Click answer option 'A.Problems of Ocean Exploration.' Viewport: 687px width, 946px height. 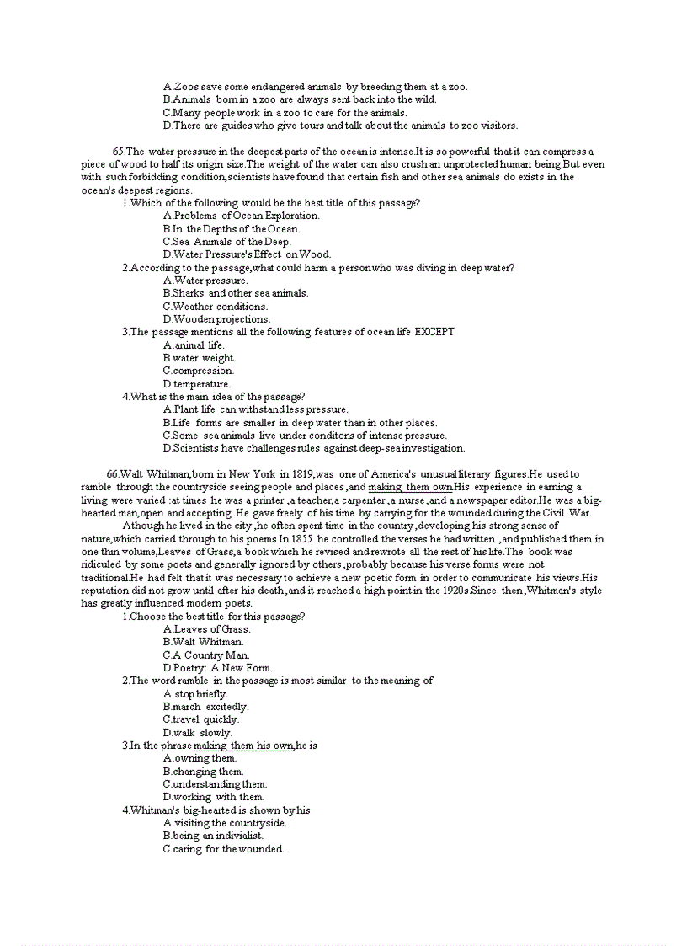241,216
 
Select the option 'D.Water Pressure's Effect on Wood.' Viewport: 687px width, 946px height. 247,254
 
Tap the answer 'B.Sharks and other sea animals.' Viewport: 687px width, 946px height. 236,293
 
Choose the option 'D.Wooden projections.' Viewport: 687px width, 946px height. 216,319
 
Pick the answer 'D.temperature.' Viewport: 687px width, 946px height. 196,384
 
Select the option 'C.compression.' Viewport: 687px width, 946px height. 199,371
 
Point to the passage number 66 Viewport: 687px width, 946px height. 112,474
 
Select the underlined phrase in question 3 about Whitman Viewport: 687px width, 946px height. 243,746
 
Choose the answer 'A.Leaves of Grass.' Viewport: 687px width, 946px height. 207,629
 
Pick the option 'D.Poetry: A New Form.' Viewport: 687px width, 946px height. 217,668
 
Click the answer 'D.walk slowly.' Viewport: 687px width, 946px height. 197,733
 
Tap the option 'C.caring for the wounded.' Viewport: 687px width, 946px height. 223,849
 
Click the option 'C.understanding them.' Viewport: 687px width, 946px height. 215,784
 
